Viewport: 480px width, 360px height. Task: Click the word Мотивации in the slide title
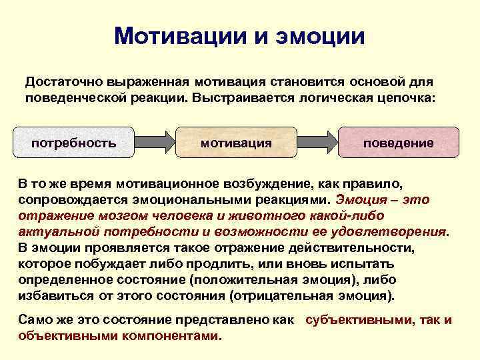177,36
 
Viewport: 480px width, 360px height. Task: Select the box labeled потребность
74,143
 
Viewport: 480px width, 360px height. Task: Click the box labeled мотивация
236,143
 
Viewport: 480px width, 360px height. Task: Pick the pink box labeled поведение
398,143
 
